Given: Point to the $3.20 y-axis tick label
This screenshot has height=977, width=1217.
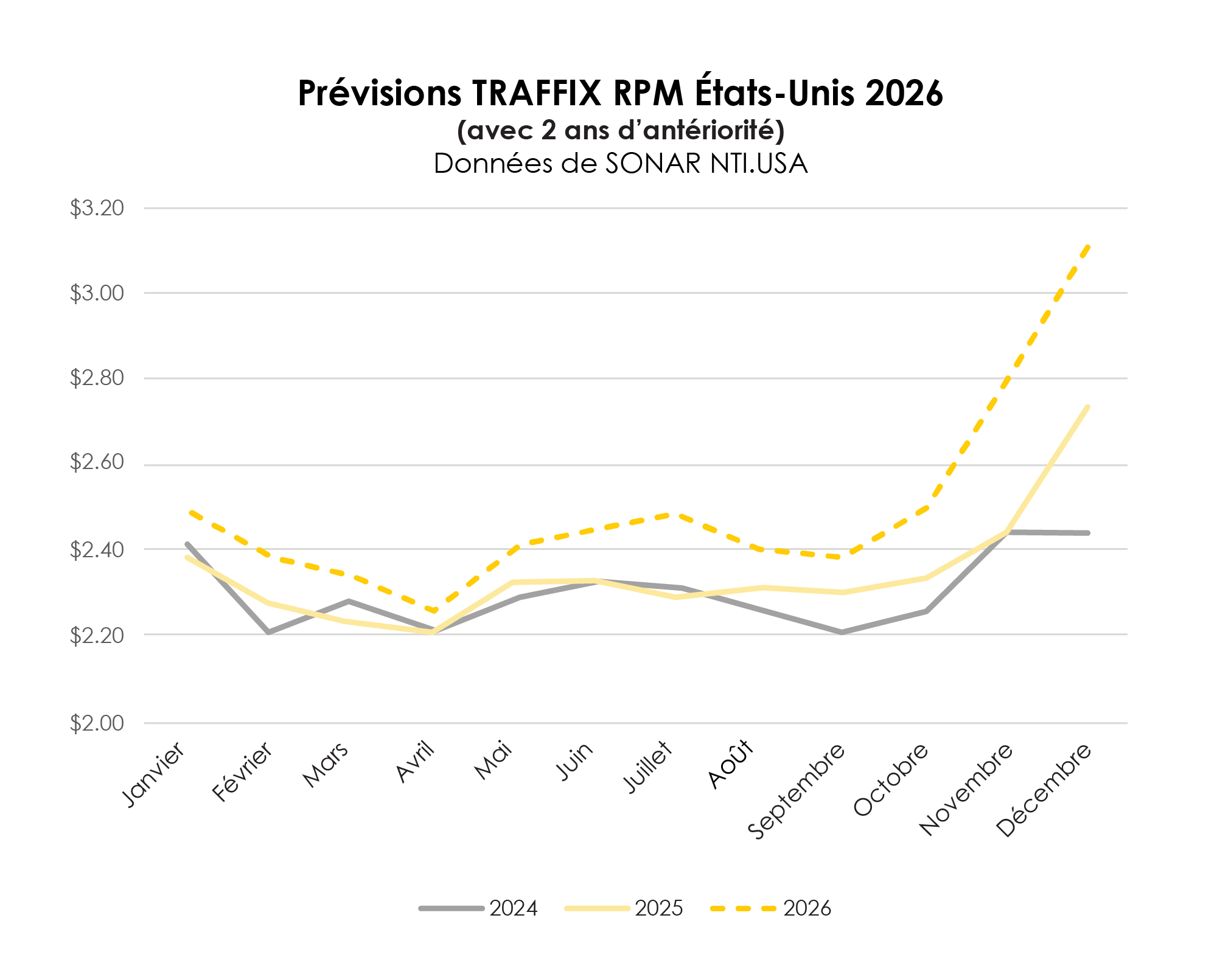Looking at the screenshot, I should (x=97, y=208).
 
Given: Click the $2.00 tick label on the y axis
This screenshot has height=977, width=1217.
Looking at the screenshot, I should (x=97, y=723).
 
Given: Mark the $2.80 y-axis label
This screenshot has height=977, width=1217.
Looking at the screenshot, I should (x=97, y=378).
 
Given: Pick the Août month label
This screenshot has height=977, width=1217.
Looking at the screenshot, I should (x=731, y=764).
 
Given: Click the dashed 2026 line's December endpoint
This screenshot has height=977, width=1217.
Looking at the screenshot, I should (x=1088, y=246).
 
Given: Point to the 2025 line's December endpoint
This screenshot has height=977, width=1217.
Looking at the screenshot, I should (x=1088, y=406).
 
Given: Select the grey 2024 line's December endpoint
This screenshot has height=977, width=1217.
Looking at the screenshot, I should (x=1088, y=533).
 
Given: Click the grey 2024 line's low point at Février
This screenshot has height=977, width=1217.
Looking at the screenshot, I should (x=268, y=633).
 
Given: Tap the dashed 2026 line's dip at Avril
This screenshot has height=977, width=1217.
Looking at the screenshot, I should (x=433, y=611).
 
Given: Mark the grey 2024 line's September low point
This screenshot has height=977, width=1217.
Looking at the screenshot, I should (x=842, y=633).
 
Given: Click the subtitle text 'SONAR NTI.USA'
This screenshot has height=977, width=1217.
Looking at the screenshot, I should (x=706, y=164).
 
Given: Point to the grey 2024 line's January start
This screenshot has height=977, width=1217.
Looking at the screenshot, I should (x=187, y=544).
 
